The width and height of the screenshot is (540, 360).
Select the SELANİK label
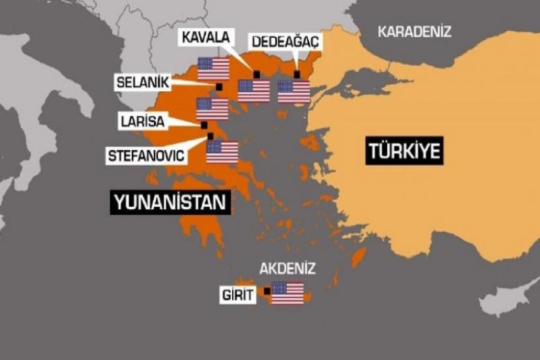coord(142,82)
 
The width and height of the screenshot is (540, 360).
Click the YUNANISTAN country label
coord(170,203)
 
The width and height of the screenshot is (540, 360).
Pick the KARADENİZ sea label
coord(415,31)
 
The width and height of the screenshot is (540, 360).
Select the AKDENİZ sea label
coord(288,268)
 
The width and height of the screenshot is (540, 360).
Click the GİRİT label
coord(237,295)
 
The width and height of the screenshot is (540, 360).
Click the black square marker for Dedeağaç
coord(297,74)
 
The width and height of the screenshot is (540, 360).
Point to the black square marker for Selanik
coord(219,87)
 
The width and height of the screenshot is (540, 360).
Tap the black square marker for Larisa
coord(204,125)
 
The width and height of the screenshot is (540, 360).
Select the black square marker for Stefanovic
coord(210,136)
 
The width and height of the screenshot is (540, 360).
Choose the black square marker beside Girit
coord(266,291)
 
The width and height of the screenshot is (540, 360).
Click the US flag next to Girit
coord(288,293)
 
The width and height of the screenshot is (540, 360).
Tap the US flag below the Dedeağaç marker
coord(293,91)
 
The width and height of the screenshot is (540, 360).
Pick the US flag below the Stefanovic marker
coord(222,151)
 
